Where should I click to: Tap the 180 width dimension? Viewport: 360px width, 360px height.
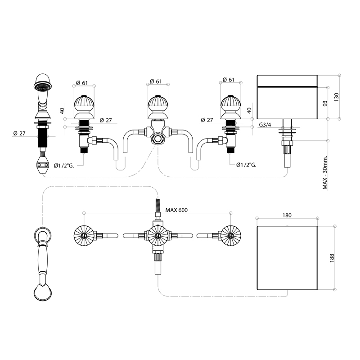pos(286,215)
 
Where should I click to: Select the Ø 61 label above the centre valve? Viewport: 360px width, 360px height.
pos(156,81)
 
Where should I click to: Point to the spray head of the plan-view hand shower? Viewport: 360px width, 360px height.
pos(43,292)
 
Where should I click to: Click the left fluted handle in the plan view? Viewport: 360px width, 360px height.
pos(84,235)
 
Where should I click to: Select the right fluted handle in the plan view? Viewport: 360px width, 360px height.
pos(229,235)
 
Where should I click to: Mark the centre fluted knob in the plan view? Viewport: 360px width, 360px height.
pos(157,235)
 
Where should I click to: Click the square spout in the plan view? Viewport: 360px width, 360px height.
pos(286,258)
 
